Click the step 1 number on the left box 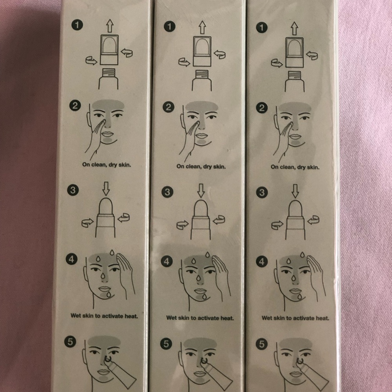77,25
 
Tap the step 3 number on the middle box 167,192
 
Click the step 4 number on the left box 71,259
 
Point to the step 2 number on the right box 262,108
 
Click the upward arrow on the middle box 202,27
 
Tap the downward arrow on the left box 106,189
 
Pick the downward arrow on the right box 295,191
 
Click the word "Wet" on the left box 76,316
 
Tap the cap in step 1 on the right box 294,52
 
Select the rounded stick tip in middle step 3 201,208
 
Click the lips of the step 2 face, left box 107,134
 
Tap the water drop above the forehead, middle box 207,255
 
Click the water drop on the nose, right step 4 294,278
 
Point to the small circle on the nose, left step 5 107,359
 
